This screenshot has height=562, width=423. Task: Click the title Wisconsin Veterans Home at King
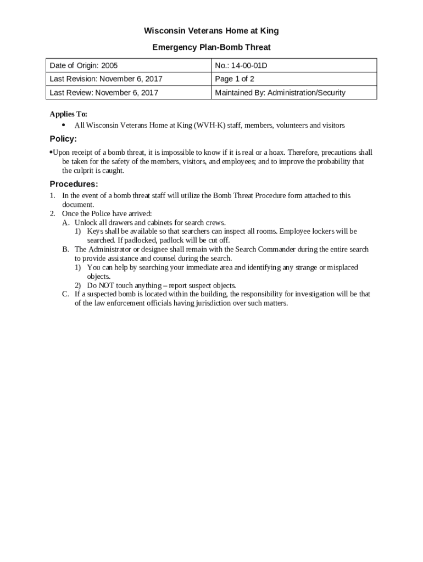coord(211,31)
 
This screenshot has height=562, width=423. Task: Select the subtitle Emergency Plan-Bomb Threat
coord(211,47)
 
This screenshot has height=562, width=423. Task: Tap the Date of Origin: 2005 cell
coord(84,66)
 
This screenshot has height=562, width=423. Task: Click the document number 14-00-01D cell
coord(244,66)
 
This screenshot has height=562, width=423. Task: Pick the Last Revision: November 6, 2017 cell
coord(106,79)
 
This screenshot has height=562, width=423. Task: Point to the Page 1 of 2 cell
coord(235,79)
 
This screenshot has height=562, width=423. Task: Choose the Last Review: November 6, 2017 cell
coord(104,93)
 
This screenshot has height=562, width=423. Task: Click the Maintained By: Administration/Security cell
coord(280,93)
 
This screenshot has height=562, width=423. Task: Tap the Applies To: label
coord(69,114)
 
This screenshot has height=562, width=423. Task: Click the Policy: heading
coord(63,139)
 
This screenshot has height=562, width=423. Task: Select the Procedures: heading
coord(74,184)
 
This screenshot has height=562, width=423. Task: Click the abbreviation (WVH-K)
coord(210,126)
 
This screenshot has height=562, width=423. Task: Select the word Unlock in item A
coord(86,222)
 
